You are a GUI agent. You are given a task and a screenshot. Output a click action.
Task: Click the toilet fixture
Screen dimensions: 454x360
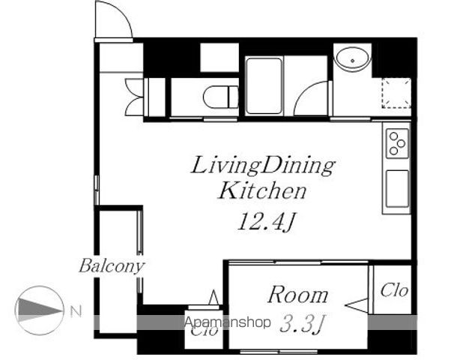point(220,97)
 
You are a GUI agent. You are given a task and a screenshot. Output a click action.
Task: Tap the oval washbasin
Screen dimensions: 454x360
point(352,59)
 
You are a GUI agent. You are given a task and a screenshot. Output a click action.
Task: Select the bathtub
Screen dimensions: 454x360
point(264,86)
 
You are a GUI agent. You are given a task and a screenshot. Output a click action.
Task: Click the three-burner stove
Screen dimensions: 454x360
point(397,143)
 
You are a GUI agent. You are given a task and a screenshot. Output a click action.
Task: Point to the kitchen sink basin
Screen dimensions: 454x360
point(397,189)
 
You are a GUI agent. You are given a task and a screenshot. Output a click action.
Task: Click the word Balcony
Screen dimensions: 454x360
point(112,266)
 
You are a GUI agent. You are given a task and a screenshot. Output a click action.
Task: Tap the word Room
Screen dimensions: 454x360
point(297,295)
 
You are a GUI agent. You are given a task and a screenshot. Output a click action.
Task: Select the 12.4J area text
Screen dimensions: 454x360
point(266,222)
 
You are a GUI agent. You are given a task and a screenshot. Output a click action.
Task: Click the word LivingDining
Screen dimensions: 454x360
point(263,166)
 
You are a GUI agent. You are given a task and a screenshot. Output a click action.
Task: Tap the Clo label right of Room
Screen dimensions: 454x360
point(394,290)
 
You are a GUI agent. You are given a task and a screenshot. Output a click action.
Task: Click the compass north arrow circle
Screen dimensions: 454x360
point(40,310)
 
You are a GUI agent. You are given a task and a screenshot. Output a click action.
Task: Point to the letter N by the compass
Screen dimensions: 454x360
point(76,311)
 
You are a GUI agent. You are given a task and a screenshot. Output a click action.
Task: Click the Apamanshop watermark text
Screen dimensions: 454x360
point(228,322)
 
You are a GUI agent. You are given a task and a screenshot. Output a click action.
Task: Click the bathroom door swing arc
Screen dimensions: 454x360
point(307,90)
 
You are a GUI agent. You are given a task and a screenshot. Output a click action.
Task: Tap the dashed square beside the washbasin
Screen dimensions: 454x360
point(396,93)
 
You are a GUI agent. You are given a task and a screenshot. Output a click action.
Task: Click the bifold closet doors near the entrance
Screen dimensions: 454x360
point(134,97)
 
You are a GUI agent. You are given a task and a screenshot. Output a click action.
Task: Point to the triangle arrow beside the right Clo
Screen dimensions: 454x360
point(357,305)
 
